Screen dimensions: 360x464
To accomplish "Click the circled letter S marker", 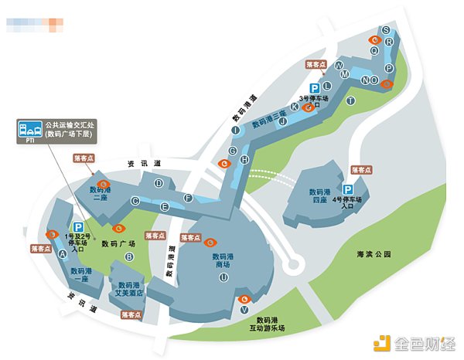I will coord(386,30).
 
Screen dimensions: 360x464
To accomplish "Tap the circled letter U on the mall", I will coord(223,277).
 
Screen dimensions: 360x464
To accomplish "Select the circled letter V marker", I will coord(244,310).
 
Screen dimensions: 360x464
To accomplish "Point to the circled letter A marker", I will coord(63,252).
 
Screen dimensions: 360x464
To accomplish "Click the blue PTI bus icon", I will coord(29,129).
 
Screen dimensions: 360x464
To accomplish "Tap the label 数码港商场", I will coord(227,260).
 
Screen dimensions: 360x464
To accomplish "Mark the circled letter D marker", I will coord(159,183).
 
